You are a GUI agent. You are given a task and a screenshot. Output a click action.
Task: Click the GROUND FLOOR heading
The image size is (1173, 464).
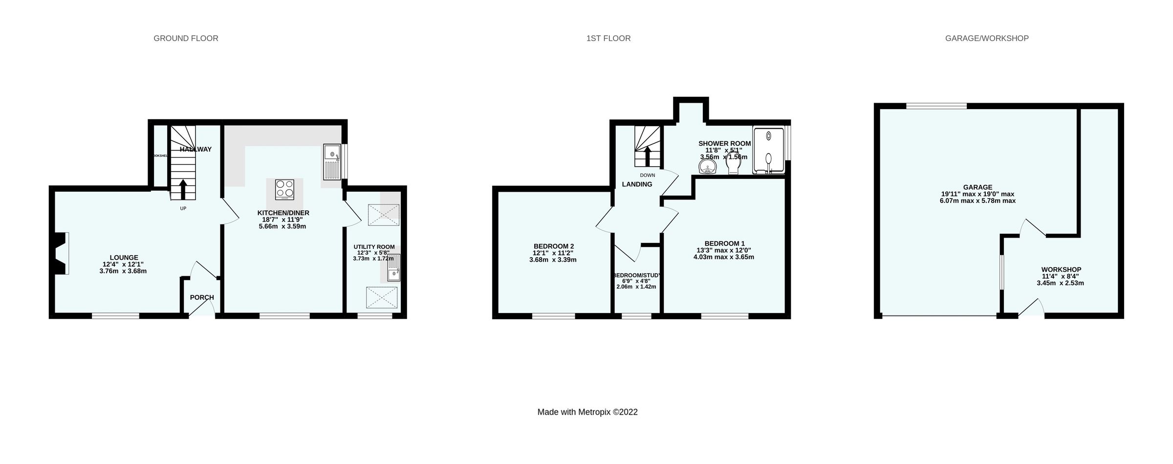186,38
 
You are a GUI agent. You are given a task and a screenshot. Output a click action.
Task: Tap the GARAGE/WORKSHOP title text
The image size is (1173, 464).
986,38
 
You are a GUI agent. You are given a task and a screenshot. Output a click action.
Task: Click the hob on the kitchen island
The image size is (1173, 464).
284,190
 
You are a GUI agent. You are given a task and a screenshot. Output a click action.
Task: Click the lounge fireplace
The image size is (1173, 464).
60,254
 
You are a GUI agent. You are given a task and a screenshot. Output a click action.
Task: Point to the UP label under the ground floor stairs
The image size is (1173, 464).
183,208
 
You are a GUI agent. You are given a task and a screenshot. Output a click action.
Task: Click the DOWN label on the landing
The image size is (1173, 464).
647,175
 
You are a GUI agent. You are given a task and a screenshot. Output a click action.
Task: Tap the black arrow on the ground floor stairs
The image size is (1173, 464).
183,190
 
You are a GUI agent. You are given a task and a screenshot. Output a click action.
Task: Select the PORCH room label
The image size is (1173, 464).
202,297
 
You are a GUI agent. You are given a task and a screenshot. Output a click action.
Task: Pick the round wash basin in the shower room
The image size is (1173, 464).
707,168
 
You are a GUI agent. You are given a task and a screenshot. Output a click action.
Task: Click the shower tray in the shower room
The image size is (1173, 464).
768,150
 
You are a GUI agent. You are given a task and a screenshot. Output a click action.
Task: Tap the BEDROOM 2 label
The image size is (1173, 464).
553,246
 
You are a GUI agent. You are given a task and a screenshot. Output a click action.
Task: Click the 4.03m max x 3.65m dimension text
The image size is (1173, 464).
723,257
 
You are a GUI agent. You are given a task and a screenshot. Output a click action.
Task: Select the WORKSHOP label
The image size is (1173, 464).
1061,269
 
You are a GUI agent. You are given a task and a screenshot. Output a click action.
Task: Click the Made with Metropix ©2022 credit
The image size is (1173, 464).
587,412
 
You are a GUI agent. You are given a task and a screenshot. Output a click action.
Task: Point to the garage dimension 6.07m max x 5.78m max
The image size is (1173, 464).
977,200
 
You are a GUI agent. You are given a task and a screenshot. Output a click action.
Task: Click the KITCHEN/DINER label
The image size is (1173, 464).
283,213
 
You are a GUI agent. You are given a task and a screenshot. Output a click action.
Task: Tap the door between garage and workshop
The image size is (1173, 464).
1033,228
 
